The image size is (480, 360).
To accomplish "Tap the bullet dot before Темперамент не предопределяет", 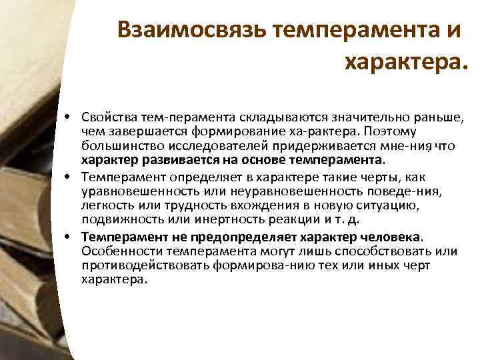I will [69, 237].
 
